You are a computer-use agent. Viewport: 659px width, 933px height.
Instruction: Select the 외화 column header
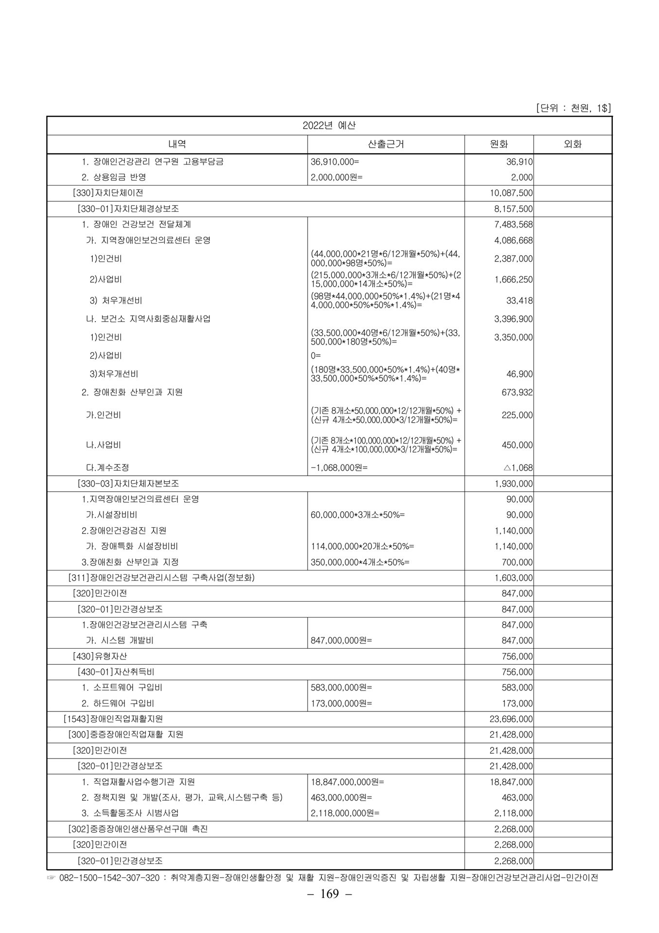coord(572,144)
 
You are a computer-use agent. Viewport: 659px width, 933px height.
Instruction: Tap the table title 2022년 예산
coord(329,126)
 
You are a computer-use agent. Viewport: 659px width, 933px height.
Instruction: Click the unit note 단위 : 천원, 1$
coord(572,108)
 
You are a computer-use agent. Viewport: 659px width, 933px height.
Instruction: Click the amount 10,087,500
coord(512,193)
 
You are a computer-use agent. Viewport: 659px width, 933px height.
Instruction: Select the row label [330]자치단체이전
coord(107,193)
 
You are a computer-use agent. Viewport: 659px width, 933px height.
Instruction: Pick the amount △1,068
coord(518,468)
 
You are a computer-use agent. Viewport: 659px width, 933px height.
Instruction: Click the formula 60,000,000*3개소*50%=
coord(357,515)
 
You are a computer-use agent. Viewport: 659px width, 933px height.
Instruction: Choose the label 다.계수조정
coord(107,468)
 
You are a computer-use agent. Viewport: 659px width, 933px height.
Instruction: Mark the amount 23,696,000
coord(511,719)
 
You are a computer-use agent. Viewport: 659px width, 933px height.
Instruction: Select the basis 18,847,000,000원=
coord(347,782)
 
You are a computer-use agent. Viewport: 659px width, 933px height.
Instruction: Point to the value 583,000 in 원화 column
coord(517,688)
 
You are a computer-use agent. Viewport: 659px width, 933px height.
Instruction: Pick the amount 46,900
coord(520,374)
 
